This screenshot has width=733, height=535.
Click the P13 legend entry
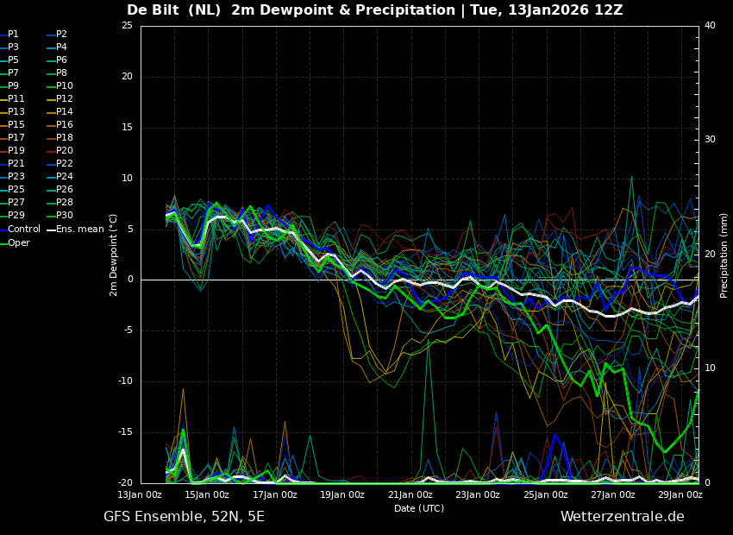tap(13, 112)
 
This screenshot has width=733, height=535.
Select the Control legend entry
tap(20, 230)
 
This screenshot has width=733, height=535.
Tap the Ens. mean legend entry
tap(76, 230)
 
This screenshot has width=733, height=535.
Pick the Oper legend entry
tap(15, 242)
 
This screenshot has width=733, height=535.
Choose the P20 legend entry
tap(60, 151)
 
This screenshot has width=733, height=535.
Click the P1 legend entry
tap(9, 35)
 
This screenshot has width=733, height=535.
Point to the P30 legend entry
tap(60, 215)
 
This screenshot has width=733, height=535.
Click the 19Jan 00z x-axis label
tap(342, 494)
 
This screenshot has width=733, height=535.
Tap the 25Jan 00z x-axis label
tap(546, 494)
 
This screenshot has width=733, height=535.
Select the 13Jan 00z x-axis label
tap(140, 494)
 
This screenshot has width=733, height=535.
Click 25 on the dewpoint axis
tap(127, 25)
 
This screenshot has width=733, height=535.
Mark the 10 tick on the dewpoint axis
tap(127, 178)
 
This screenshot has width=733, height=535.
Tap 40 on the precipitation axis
tap(710, 25)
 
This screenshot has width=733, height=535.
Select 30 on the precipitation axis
tap(710, 140)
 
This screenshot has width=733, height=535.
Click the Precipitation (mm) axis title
tap(724, 255)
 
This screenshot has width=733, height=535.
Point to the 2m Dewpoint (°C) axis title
tap(114, 255)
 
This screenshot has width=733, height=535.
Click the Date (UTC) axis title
tap(419, 508)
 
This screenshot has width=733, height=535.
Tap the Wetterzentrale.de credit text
tap(623, 517)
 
